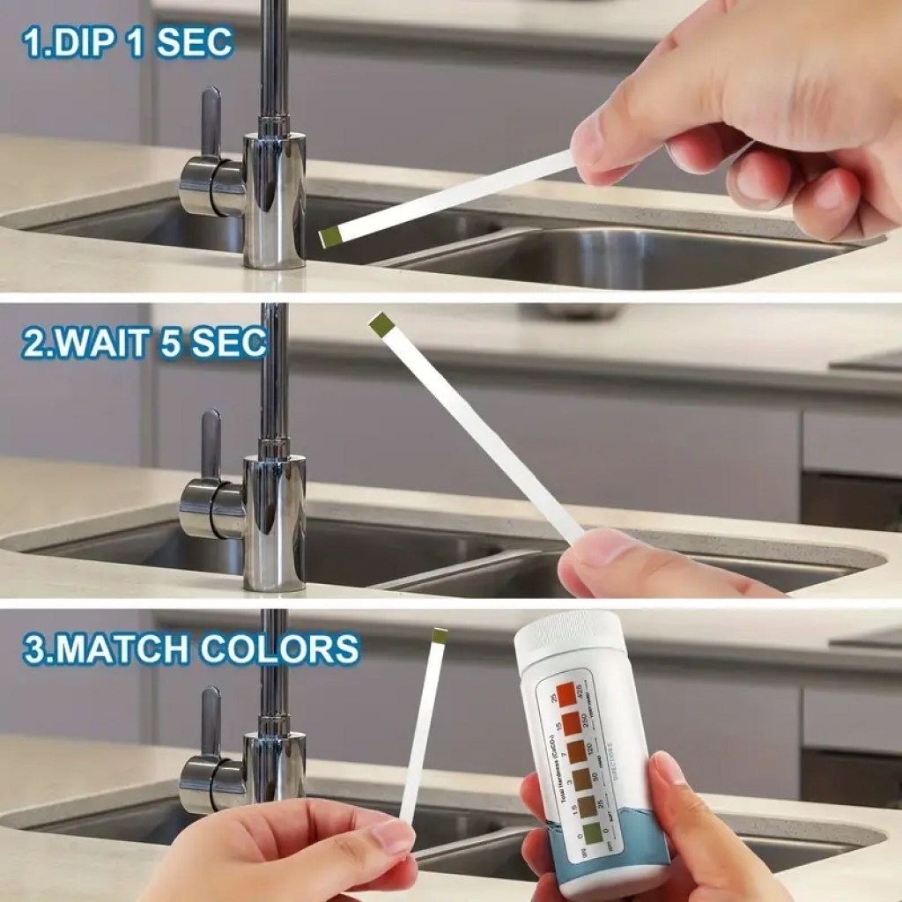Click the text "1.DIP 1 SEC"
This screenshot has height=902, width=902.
(129, 42)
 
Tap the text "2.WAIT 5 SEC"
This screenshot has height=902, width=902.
(144, 342)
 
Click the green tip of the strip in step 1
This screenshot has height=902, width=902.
(330, 235)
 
